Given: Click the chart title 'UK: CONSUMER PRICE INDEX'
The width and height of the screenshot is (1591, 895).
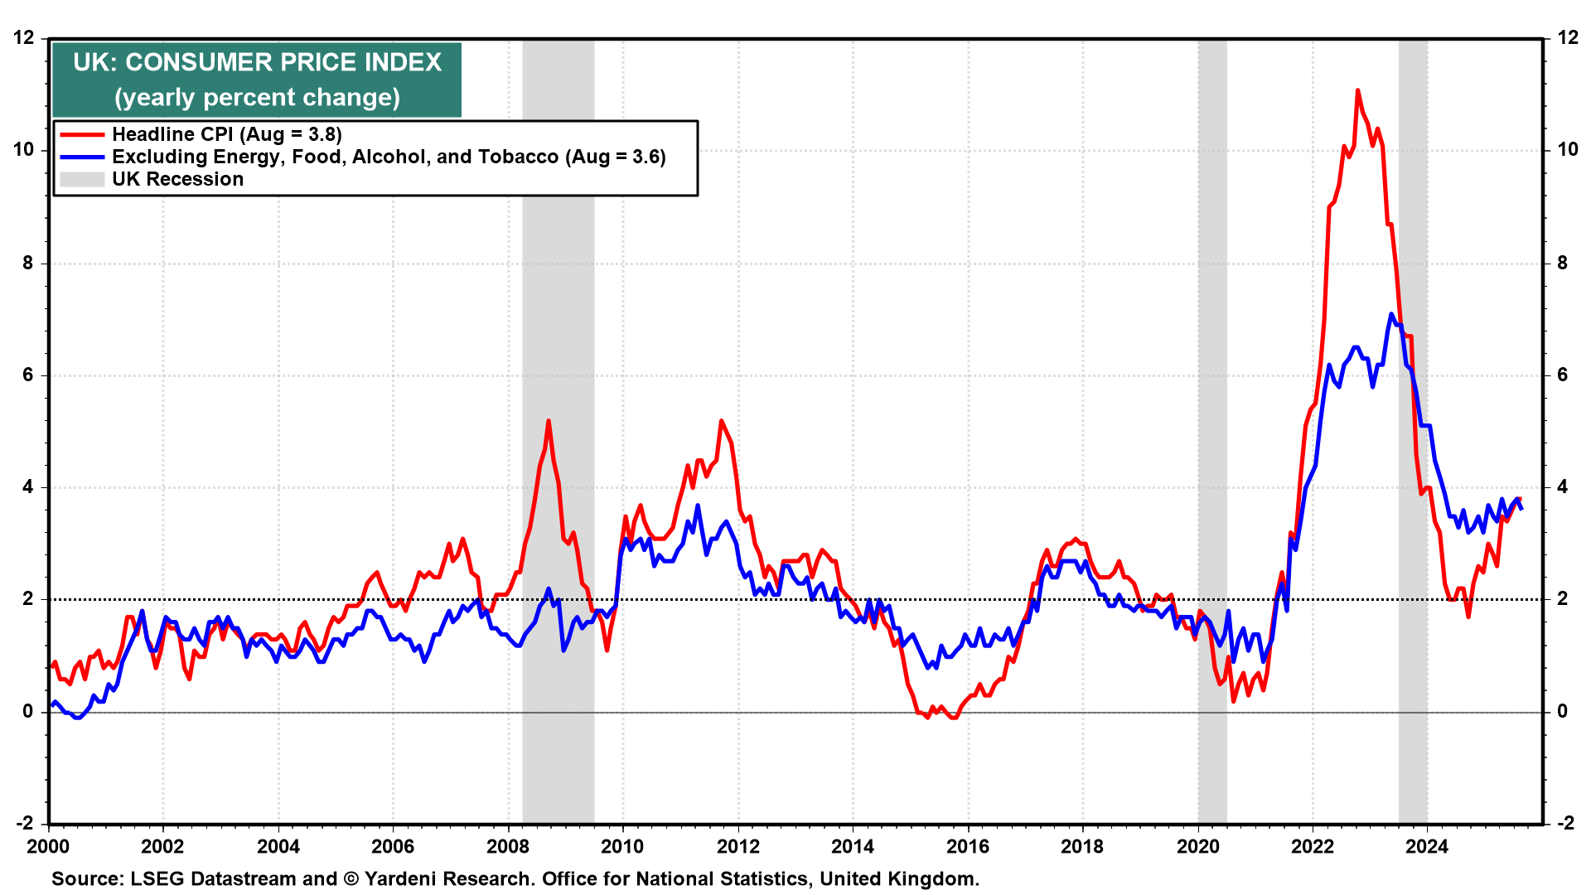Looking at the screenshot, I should pos(257,63).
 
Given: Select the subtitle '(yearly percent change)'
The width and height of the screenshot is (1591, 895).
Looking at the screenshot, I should pos(257,98).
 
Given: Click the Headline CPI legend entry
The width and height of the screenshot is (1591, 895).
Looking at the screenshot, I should pos(226,134).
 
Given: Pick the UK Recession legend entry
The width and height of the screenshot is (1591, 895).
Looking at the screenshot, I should pos(177,179).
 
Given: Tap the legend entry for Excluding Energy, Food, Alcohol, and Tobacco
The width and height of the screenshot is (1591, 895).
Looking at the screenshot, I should pos(389,157).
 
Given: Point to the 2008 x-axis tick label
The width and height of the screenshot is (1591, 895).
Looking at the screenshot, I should pos(507,846).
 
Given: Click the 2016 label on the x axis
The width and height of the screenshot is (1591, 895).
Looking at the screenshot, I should pos(967,846).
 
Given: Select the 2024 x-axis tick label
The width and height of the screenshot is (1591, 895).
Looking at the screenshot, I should pos(1427,846).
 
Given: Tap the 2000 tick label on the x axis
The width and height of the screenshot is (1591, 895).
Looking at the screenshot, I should pos(48,846).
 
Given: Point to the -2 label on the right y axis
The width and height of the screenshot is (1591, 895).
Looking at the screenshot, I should pos(1565,823).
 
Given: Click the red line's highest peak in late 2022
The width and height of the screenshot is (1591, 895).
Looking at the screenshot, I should pos(1357,89).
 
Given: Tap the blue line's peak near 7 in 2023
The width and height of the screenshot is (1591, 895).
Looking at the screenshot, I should pos(1391,314).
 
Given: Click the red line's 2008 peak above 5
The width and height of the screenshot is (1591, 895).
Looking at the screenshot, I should pos(549,421).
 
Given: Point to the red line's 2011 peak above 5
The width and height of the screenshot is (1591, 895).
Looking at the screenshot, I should pos(721,421).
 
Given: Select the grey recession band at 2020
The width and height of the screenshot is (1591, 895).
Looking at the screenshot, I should pos(1212,431).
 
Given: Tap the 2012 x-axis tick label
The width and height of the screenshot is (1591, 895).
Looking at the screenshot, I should pos(737,846).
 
